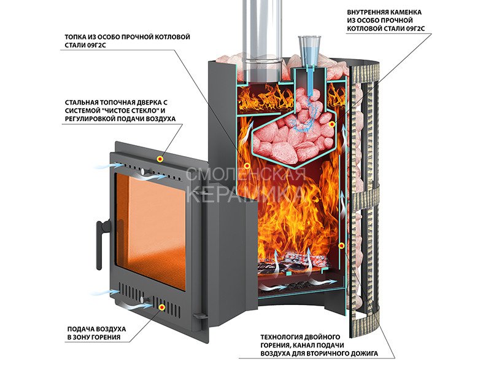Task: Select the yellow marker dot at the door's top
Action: tap(160, 159)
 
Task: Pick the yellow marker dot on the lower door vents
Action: tap(162, 307)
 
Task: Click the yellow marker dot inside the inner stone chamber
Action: tap(331, 124)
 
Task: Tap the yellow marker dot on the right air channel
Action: tap(342, 245)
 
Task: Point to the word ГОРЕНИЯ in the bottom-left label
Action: tap(105, 337)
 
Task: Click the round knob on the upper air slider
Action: tap(144, 172)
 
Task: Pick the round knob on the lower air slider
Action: tap(144, 299)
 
